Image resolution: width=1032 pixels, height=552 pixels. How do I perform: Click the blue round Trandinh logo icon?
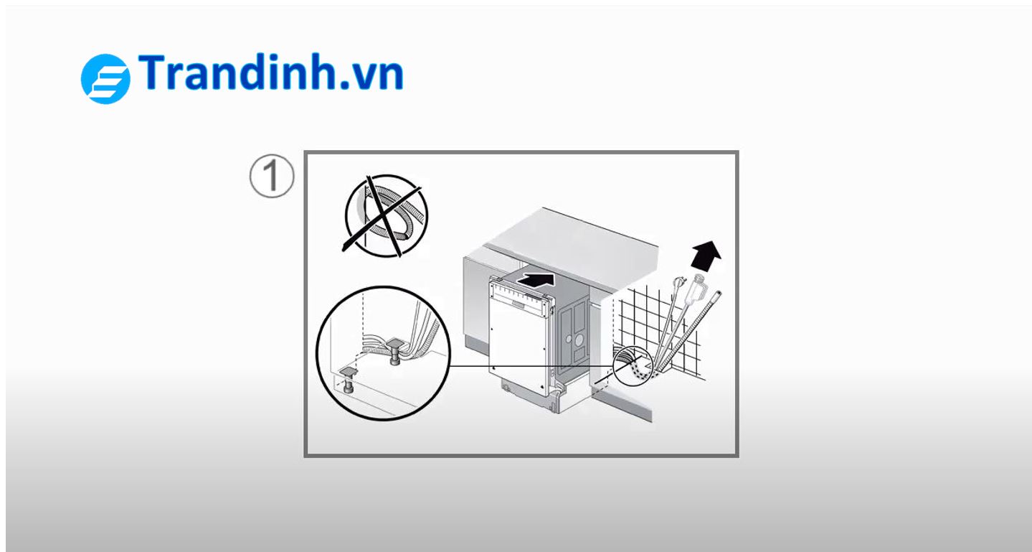point(105,79)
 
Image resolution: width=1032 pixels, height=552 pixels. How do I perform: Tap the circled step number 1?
point(272,176)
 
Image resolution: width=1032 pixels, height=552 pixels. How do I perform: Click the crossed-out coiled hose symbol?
point(386,215)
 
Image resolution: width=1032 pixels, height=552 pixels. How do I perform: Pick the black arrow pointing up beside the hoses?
point(707,256)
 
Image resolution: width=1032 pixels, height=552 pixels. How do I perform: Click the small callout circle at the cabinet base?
point(633,365)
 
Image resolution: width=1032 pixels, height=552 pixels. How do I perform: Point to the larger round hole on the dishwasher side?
point(579,340)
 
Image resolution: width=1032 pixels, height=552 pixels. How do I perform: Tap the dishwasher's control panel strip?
point(521,294)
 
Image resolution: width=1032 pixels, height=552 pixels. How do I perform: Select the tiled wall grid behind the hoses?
point(659,332)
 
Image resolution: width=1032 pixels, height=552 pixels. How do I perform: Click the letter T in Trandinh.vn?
point(151,72)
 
